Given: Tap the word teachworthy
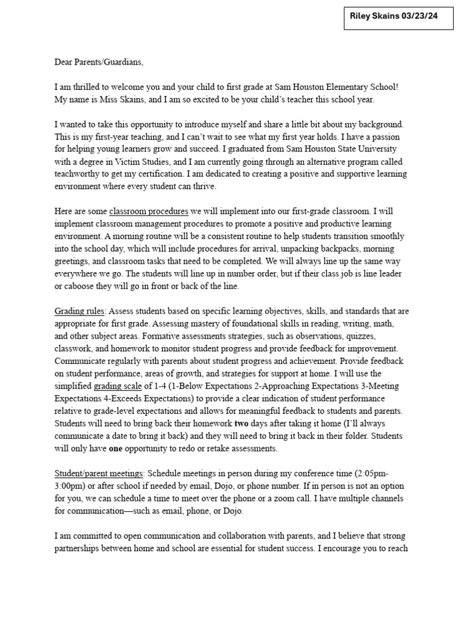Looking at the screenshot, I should [x=78, y=174].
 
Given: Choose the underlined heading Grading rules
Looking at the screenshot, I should [x=80, y=311].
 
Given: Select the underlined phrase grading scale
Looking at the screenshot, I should [x=117, y=386].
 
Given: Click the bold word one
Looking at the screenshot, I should [x=117, y=448].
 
